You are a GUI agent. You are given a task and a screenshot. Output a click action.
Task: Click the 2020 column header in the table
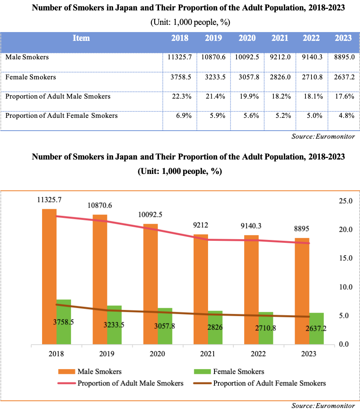pos(247,38)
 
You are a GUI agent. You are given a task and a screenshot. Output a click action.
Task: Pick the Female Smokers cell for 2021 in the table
pos(279,77)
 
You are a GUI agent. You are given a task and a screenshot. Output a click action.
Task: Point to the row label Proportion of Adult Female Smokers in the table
pos(62,116)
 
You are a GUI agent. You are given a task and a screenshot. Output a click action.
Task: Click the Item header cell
pos(81,38)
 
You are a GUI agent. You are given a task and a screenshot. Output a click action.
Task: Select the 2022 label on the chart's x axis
pos(257,354)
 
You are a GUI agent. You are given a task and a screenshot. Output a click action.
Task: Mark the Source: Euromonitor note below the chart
pos(323,406)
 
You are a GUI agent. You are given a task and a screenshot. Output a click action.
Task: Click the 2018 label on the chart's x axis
pos(56,354)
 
